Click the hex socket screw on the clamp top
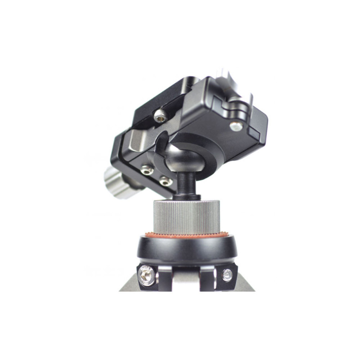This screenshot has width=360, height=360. pyautogui.click(x=159, y=117)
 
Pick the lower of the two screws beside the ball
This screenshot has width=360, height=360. pyautogui.click(x=165, y=181)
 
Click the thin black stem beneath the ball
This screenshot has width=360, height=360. pyautogui.click(x=184, y=185)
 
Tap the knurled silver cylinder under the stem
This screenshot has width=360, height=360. pyautogui.click(x=187, y=216)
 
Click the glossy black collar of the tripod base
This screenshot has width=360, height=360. pyautogui.click(x=187, y=250)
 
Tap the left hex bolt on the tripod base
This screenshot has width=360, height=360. pyautogui.click(x=147, y=275)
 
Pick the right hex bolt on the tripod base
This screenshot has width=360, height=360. pyautogui.click(x=228, y=274)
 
